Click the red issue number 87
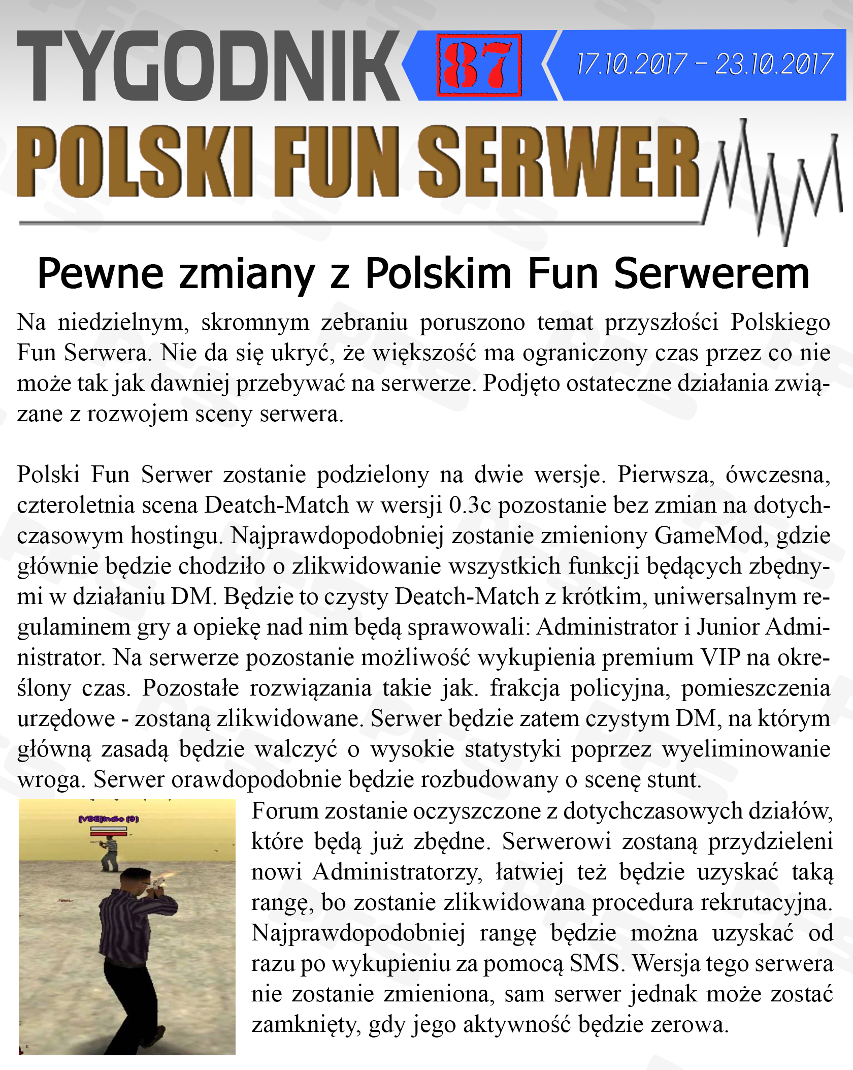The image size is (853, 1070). click(478, 65)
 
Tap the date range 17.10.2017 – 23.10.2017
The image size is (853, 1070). click(704, 65)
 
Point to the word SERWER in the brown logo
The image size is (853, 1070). click(559, 162)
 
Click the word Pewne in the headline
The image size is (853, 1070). click(100, 274)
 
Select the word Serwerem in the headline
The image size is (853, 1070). click(711, 274)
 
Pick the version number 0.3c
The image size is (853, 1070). click(470, 505)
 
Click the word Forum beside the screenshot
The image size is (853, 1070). click(284, 811)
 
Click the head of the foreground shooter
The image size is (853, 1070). click(136, 881)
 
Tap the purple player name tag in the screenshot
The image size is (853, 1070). click(108, 819)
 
